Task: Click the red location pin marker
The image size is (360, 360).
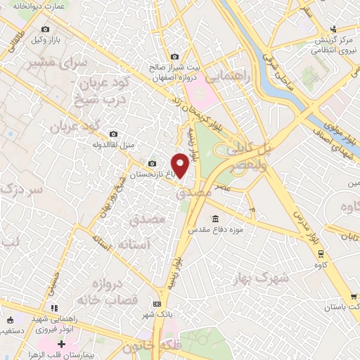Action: click(x=181, y=165)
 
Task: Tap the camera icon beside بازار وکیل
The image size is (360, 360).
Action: click(x=46, y=30)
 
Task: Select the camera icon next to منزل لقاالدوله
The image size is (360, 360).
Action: click(x=114, y=135)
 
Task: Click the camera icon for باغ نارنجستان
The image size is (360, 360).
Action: click(x=150, y=164)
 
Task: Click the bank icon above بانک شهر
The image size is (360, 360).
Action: click(x=157, y=304)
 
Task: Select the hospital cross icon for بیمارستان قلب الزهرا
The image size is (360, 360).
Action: click(x=62, y=344)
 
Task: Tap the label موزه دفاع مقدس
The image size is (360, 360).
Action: click(x=215, y=230)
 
